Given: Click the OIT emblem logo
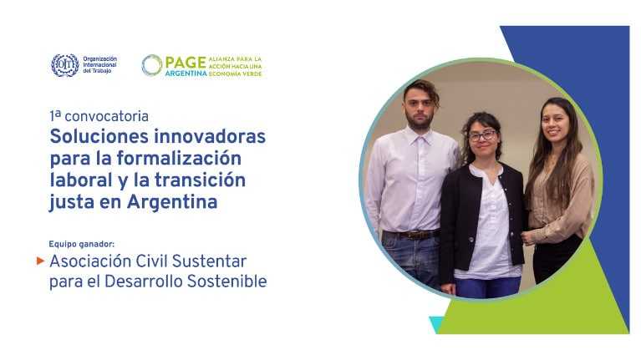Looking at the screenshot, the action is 65,65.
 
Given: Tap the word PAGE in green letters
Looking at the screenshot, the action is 186,62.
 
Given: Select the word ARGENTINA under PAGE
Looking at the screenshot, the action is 186,74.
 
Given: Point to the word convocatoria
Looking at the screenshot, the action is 107,116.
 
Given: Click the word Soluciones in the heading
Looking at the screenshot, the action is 98,136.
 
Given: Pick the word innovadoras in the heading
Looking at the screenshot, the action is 210,136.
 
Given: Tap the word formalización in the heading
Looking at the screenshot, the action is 179,159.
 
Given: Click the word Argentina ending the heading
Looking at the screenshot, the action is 172,202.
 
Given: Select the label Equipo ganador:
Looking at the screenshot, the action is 82,244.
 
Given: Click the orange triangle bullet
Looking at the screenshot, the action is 40,261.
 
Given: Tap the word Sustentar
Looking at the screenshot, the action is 209,261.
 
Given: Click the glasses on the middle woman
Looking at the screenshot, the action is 483,135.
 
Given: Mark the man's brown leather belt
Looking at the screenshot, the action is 412,235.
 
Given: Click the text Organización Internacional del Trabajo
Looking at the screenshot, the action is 99,65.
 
